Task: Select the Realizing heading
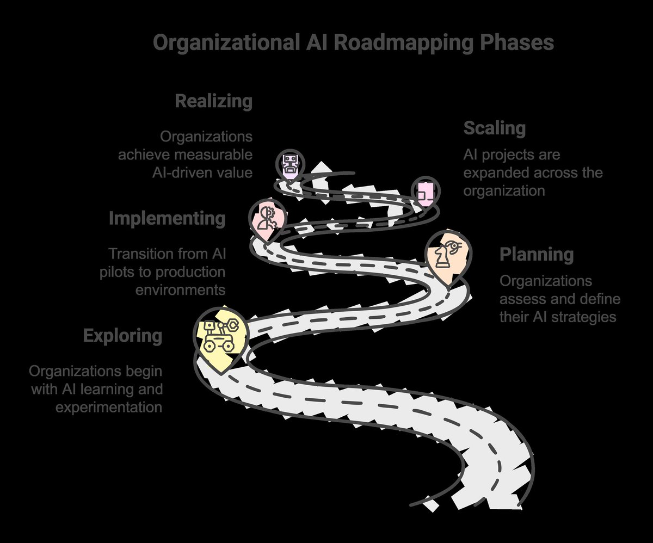point(213,101)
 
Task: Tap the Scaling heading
point(494,129)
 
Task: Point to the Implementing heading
point(167,219)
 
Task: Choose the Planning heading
point(537,254)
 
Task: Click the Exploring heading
point(122,336)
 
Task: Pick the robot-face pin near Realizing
point(289,164)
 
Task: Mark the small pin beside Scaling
point(424,192)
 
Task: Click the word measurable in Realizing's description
point(213,155)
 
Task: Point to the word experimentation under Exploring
point(109,406)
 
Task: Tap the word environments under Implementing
point(180,289)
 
